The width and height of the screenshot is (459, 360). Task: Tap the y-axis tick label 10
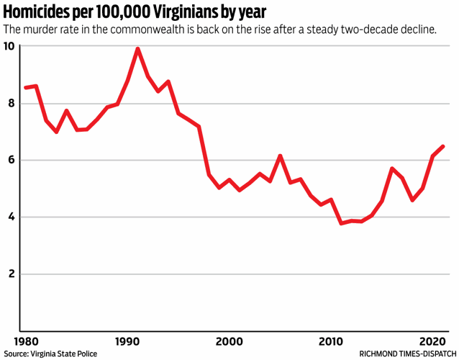click(9, 46)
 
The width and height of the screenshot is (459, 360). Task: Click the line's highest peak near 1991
click(137, 49)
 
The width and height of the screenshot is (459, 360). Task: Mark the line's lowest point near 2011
click(341, 223)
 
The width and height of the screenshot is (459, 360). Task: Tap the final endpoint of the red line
click(443, 146)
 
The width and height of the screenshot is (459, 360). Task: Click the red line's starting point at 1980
click(25, 88)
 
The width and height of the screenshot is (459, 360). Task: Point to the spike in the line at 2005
click(280, 156)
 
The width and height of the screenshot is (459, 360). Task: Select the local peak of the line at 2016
click(392, 168)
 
